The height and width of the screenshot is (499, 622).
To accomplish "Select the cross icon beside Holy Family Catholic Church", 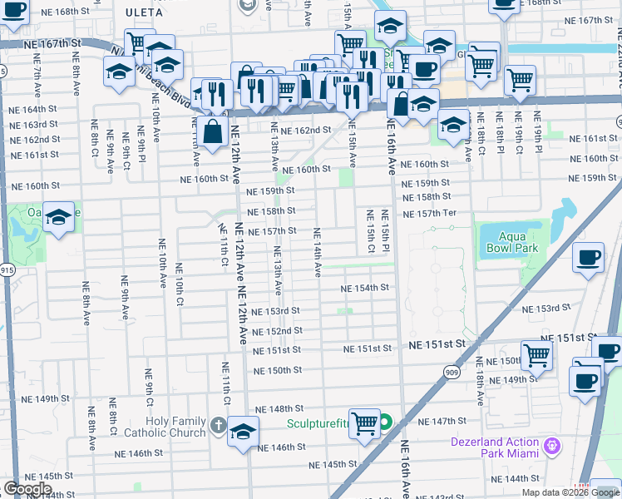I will (x=218, y=425).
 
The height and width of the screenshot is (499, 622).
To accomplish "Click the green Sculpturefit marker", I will (x=387, y=422).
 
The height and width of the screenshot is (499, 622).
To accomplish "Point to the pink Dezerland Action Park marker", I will (x=550, y=447).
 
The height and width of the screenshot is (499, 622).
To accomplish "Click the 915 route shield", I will (x=7, y=269).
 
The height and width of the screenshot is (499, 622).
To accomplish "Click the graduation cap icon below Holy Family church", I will (x=243, y=432).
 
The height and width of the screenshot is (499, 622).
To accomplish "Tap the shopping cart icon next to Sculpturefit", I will (x=364, y=423).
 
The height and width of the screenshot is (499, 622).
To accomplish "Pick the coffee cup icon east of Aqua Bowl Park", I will (x=589, y=257).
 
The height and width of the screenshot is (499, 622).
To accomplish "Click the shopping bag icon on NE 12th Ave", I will (x=214, y=131).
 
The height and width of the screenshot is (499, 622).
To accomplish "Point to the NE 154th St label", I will (x=367, y=288).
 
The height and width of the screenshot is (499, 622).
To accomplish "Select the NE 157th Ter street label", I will (x=430, y=214).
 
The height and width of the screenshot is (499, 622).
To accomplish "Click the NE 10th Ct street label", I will (x=179, y=284).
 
